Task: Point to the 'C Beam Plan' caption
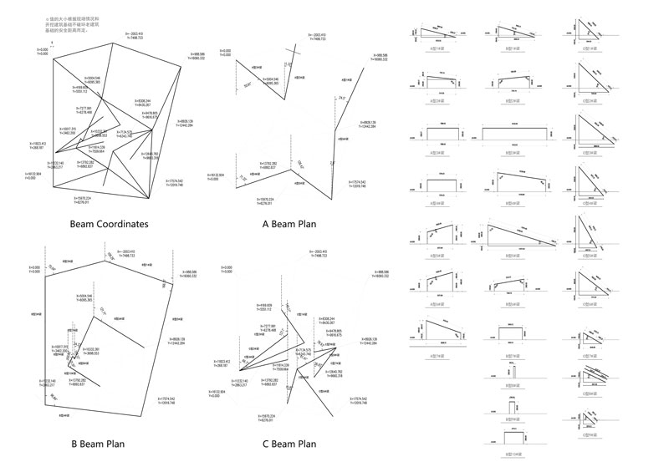288,444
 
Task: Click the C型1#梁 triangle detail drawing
592,34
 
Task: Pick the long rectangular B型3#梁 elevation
518,134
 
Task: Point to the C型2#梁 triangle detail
592,84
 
